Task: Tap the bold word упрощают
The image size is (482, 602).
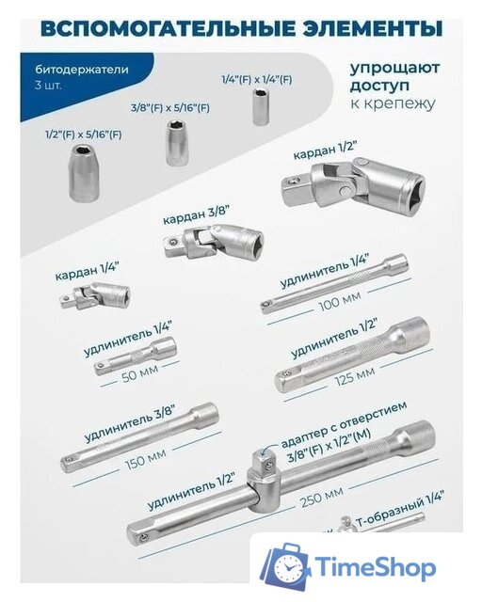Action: click(393, 69)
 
